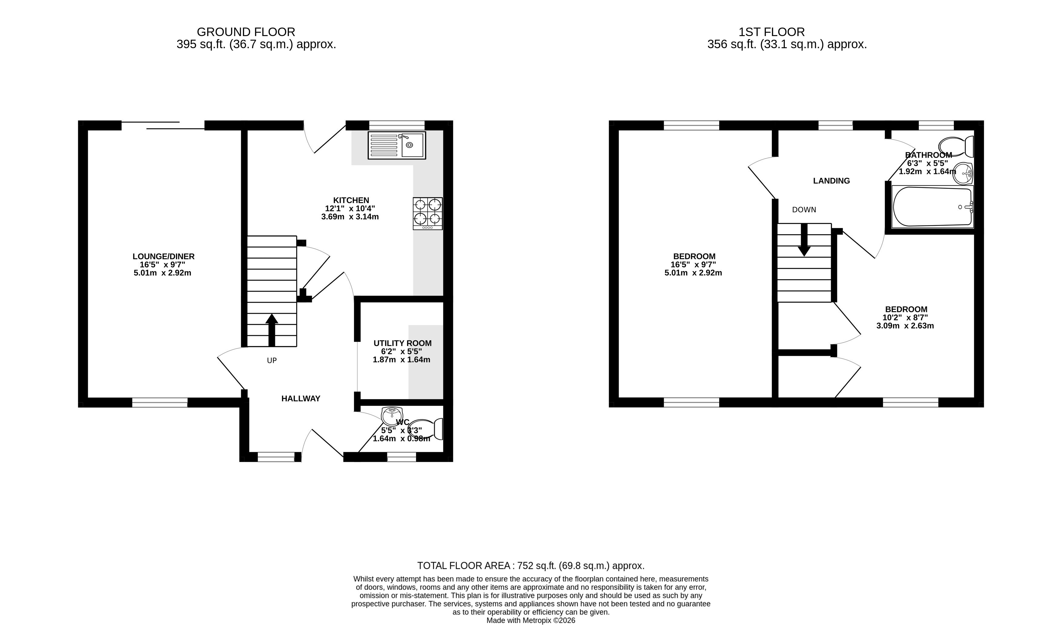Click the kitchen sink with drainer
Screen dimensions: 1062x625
coord(397,145)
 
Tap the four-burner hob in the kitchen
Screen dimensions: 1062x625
coord(428,213)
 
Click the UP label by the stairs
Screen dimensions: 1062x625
coord(272,361)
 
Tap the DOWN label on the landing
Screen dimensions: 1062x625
coord(804,210)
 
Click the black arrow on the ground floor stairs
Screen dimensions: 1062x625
coord(272,330)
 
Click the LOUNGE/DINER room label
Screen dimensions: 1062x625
coord(164,256)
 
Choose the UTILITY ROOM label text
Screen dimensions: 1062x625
coord(402,343)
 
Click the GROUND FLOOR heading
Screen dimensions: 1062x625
coord(246,32)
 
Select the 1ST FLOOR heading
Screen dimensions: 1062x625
coord(772,32)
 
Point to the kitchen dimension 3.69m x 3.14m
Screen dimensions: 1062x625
coord(350,217)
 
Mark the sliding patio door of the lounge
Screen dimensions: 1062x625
coord(163,125)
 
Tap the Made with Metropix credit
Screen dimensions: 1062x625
coord(531,620)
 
